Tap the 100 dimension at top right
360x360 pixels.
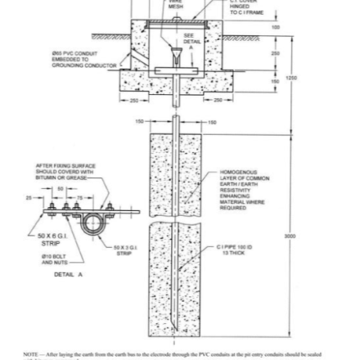pos(275,27)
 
